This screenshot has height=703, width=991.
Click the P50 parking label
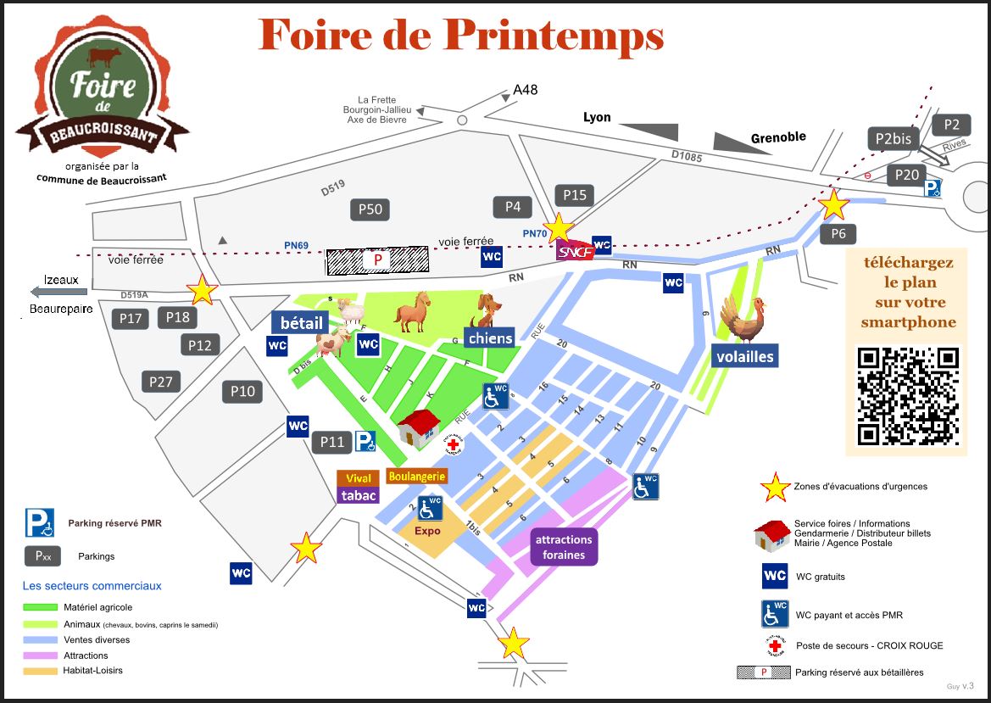click(370, 209)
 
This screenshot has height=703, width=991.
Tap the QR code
click(908, 396)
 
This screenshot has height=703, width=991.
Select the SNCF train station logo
click(575, 250)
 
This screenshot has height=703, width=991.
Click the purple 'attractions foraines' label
click(564, 547)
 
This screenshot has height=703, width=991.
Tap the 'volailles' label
click(744, 356)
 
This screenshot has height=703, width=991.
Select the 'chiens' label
click(490, 338)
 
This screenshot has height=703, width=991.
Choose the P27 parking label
click(161, 382)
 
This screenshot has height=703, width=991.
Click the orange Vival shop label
click(359, 479)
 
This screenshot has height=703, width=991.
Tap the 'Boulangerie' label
click(416, 477)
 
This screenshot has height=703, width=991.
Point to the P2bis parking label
click(894, 139)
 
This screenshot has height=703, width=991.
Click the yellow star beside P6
click(833, 204)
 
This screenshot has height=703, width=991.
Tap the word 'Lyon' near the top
click(597, 117)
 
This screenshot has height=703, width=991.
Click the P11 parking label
click(332, 442)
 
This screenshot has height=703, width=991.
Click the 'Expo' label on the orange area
click(427, 531)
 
